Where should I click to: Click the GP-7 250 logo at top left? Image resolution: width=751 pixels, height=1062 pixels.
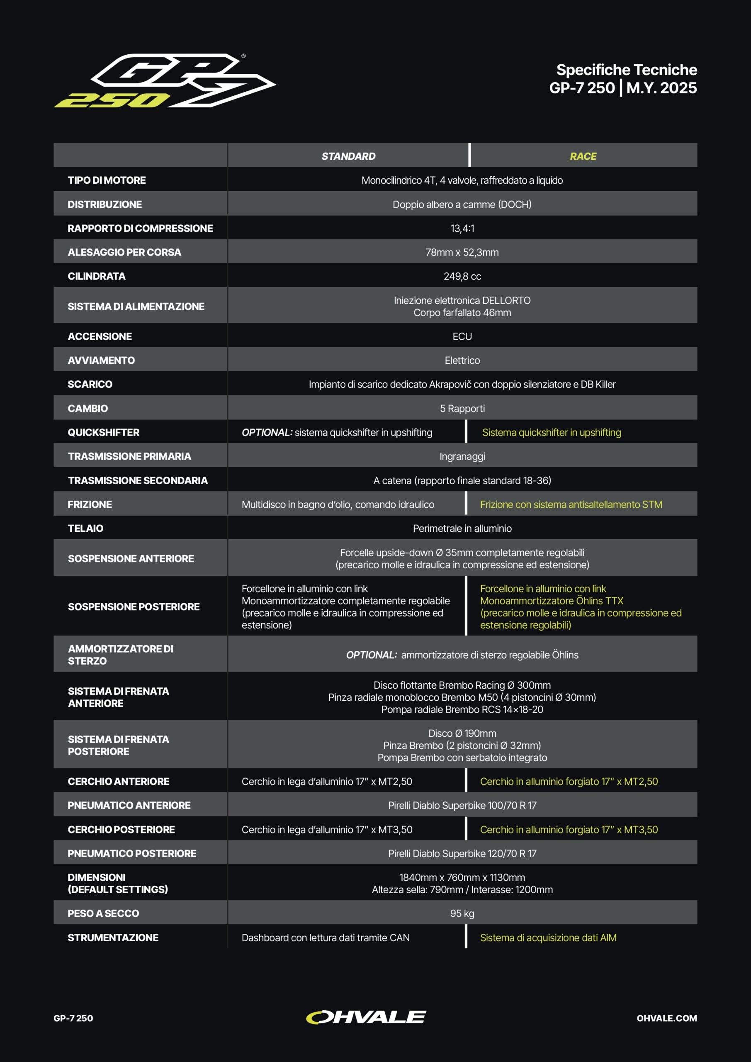[165, 81]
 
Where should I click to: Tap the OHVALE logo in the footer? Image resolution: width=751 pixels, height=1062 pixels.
[366, 1017]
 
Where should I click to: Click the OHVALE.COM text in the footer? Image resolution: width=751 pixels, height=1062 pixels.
[666, 1018]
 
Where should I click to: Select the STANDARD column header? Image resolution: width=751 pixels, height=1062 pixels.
[348, 156]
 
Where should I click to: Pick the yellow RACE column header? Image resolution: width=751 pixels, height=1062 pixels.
[583, 156]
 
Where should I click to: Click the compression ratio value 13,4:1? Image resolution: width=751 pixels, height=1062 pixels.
[462, 228]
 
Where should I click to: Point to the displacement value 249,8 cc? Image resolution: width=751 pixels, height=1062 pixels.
[462, 276]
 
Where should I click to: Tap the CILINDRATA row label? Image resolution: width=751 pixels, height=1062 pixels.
[97, 276]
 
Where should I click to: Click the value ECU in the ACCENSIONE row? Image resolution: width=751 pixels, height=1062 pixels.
[462, 336]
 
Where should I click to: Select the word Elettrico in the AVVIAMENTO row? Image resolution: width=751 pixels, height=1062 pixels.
[462, 360]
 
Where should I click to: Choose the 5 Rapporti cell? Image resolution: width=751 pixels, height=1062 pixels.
[462, 409]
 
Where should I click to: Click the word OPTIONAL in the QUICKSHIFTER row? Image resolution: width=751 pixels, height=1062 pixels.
[266, 433]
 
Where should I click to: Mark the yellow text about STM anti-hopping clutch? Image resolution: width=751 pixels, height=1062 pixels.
[571, 504]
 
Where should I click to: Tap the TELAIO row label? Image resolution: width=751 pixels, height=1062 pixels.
[85, 528]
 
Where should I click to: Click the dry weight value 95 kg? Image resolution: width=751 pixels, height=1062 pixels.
[462, 913]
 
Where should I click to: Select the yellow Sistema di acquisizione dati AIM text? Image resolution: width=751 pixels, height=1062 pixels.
[548, 938]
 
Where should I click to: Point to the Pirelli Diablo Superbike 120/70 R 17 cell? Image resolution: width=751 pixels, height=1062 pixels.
[462, 853]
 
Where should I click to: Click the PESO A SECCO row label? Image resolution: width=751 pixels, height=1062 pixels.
[103, 913]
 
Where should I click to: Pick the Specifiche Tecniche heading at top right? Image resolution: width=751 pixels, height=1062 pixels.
[626, 70]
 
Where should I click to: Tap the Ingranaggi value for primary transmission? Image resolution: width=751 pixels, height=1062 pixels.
[462, 456]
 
